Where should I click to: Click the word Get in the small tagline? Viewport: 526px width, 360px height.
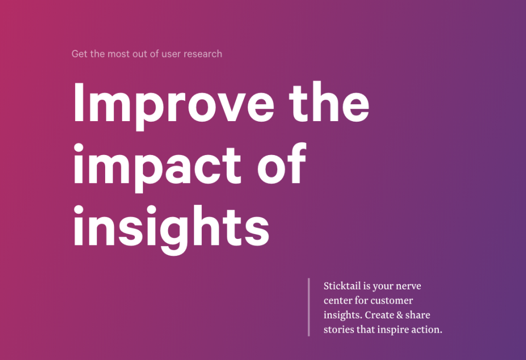[79, 54]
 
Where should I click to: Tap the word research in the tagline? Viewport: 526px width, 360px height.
[203, 54]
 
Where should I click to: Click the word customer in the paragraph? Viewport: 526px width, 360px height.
[392, 300]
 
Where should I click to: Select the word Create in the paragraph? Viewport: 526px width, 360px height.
[379, 315]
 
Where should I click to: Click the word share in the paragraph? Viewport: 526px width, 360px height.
[418, 315]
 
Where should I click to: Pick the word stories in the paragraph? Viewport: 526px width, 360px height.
[338, 329]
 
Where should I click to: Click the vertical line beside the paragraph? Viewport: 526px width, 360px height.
[309, 307]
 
